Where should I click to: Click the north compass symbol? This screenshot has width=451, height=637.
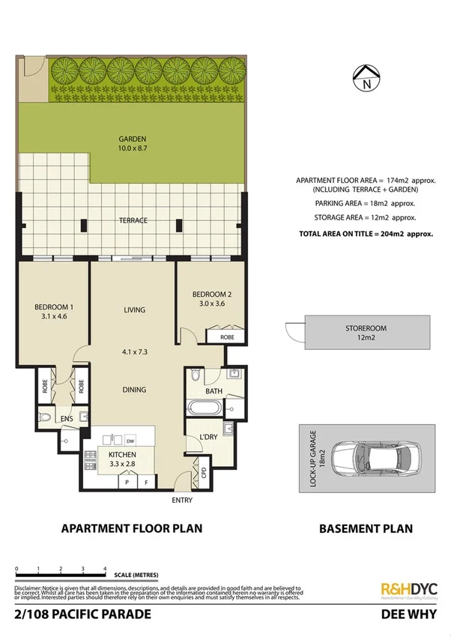coord(366,77)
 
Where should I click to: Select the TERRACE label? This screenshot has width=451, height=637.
coord(132,220)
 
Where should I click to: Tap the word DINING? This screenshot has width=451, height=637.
coord(134,390)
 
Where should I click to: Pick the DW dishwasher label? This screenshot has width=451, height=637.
coord(130,441)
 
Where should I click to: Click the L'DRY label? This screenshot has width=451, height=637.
coord(208,437)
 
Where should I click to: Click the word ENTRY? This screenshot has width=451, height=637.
coord(182,500)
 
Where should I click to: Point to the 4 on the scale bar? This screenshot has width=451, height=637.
coord(106,570)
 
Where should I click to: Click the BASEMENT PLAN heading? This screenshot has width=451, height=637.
coord(366,528)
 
